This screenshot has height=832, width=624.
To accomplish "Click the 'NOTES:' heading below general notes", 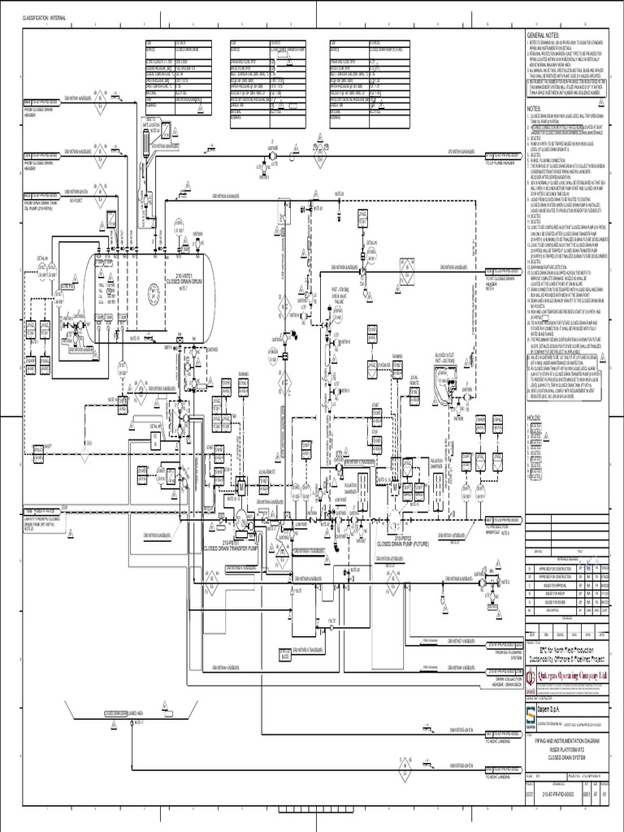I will [534, 106].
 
